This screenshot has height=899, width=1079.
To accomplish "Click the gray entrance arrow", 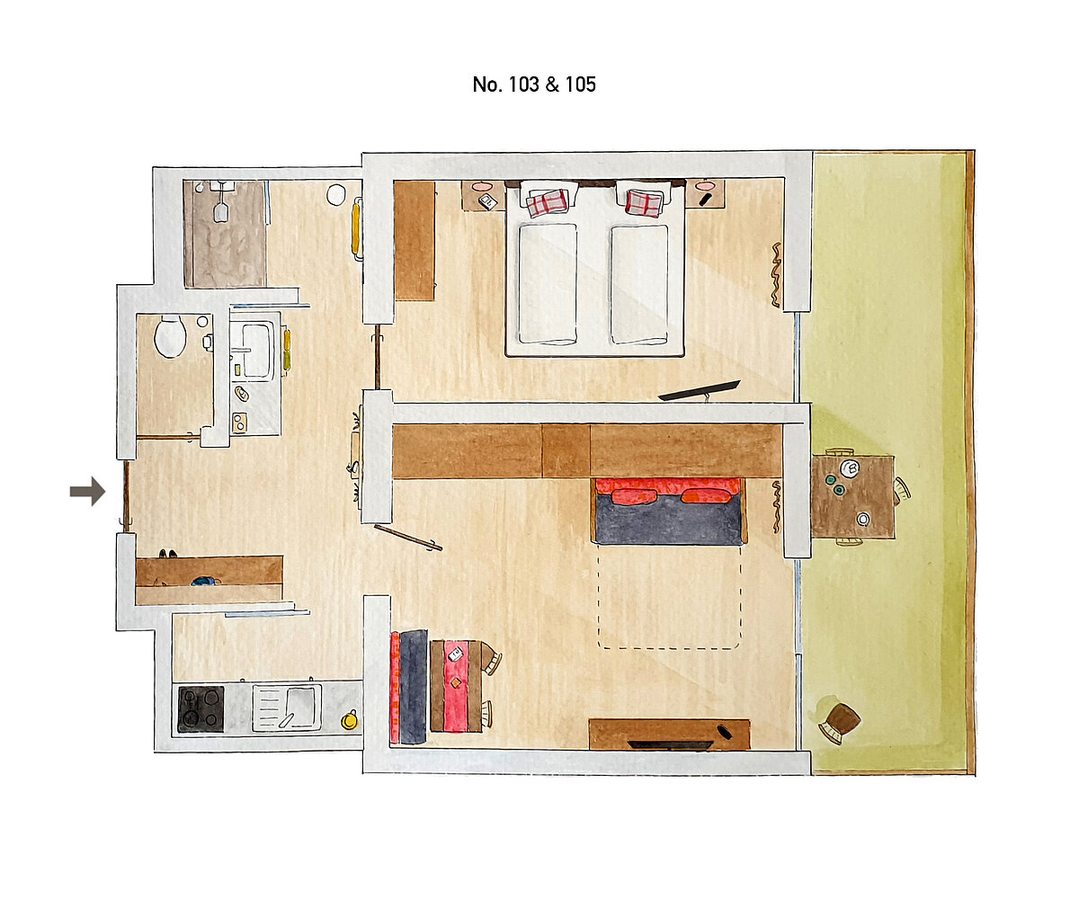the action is pyautogui.click(x=88, y=491).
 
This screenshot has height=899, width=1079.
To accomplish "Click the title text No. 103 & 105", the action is pyautogui.click(x=534, y=85).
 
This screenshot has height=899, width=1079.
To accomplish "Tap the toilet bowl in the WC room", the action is pyautogui.click(x=170, y=336).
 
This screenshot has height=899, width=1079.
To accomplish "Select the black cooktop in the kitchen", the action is pyautogui.click(x=201, y=709).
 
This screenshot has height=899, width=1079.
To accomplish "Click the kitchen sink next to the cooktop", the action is pyautogui.click(x=287, y=708).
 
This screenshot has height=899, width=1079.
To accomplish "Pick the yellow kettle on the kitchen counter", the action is pyautogui.click(x=350, y=719).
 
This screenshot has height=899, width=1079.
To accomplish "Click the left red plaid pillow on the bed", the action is pyautogui.click(x=547, y=203).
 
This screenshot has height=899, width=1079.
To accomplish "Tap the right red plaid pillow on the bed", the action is pyautogui.click(x=644, y=203).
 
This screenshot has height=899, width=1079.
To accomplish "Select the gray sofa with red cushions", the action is pyautogui.click(x=669, y=511).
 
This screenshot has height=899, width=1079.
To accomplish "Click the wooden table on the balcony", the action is pyautogui.click(x=852, y=496).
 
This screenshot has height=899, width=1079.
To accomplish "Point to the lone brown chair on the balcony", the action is pyautogui.click(x=841, y=720).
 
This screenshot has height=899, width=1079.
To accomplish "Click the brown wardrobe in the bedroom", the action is pyautogui.click(x=414, y=240).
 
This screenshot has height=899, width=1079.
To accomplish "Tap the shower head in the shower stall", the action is pyautogui.click(x=221, y=212).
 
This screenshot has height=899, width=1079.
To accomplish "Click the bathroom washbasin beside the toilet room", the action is pyautogui.click(x=255, y=351).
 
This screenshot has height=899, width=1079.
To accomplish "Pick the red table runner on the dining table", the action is pyautogui.click(x=456, y=686).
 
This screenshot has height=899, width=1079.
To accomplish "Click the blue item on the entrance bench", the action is pyautogui.click(x=206, y=582).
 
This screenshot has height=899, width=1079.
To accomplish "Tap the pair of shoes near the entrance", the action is pyautogui.click(x=167, y=554).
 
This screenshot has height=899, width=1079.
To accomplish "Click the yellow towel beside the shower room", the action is pyautogui.click(x=355, y=228).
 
